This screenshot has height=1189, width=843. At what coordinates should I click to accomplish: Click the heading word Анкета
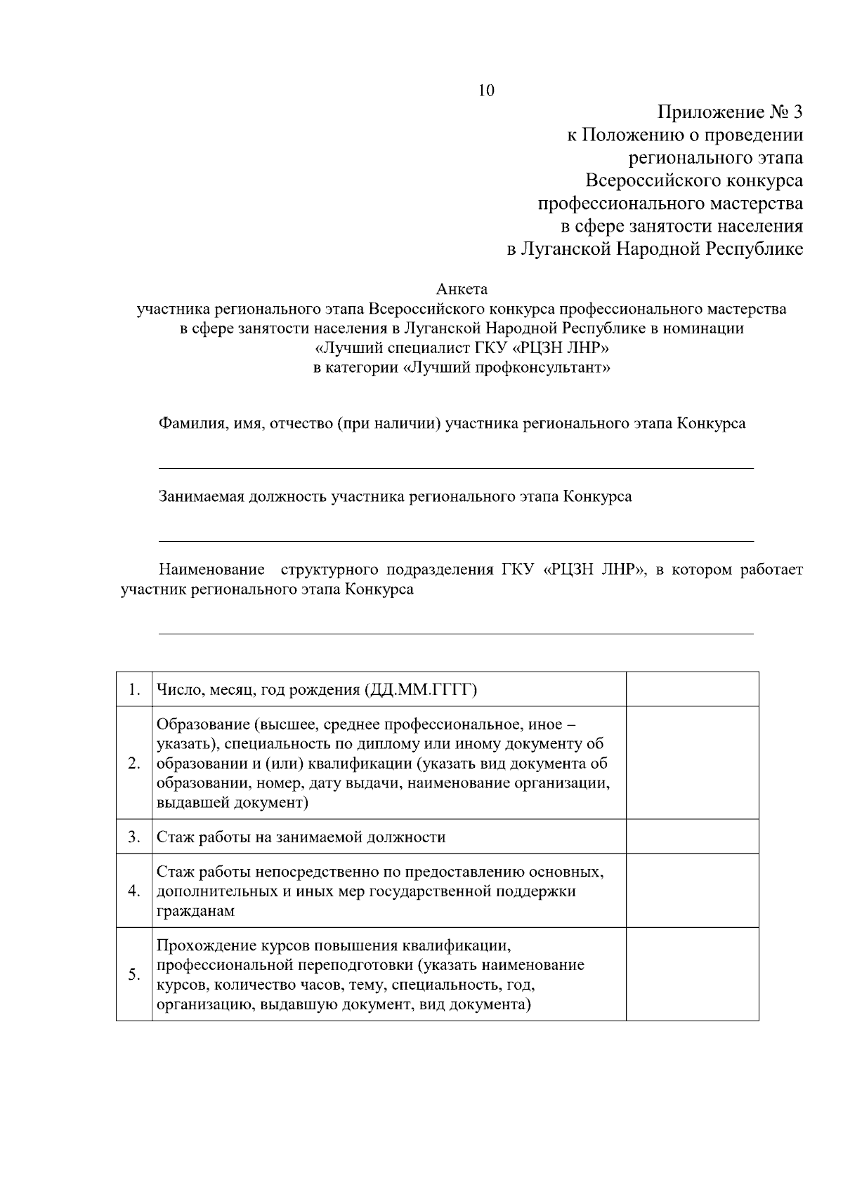point(462,289)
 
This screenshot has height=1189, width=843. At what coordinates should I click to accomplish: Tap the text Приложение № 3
point(730,112)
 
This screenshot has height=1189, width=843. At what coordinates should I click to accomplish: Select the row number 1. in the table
point(134,690)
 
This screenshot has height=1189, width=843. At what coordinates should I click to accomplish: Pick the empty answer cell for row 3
point(692,837)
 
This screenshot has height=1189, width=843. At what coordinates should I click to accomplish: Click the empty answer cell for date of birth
point(692,689)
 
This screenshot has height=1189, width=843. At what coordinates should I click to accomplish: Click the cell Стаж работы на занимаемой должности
point(301,837)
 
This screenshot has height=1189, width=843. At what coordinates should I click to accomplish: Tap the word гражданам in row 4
point(195,912)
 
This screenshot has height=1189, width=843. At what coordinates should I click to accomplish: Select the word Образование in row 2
point(202,724)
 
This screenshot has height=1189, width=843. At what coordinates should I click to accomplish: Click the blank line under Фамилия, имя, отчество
point(456,467)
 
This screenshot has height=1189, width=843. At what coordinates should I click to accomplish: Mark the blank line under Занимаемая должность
point(456,540)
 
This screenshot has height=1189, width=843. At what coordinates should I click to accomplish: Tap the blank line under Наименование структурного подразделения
point(456,633)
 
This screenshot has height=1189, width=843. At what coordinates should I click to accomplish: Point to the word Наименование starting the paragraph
point(211,569)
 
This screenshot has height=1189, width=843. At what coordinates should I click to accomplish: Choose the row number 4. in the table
point(134,891)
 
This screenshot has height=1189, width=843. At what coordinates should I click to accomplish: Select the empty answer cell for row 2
point(692,763)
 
